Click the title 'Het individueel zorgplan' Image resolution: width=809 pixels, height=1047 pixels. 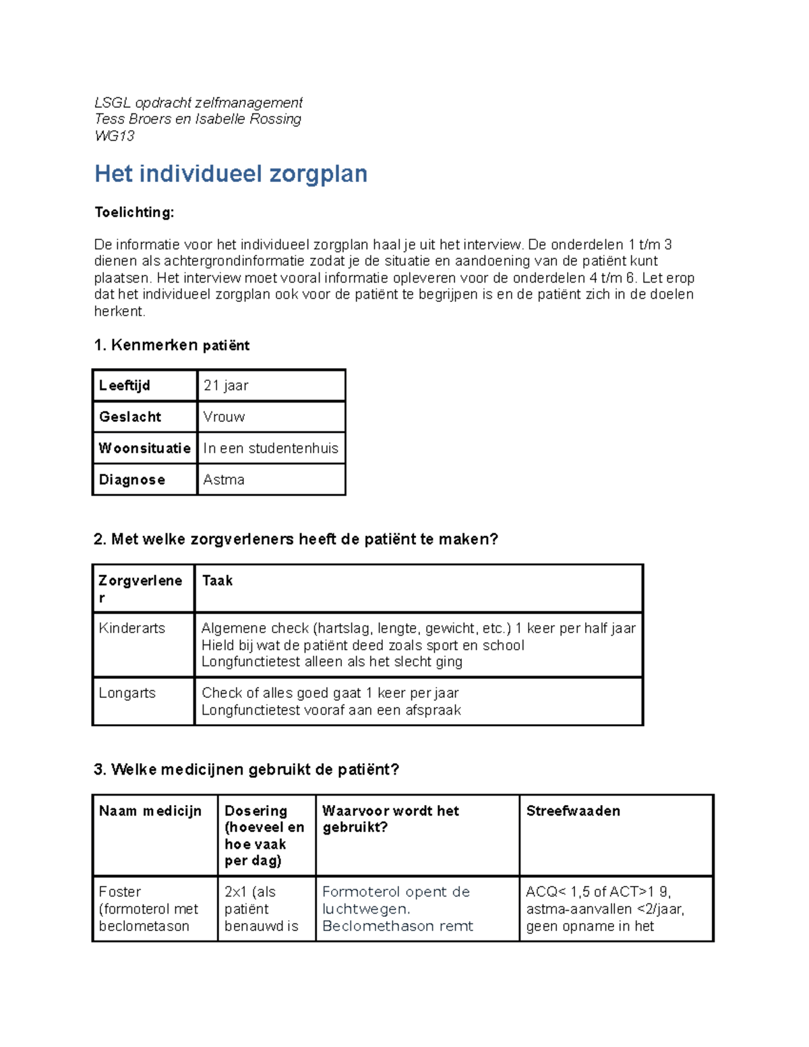(x=231, y=174)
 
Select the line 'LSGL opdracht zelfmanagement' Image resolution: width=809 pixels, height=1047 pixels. (x=198, y=102)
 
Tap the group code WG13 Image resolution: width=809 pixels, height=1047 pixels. (x=115, y=136)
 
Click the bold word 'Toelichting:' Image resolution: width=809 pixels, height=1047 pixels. (x=134, y=212)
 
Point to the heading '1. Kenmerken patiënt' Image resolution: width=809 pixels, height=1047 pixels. (x=171, y=345)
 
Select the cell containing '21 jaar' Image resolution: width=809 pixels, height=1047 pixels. (x=226, y=386)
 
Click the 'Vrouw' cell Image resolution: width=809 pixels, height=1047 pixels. (x=224, y=417)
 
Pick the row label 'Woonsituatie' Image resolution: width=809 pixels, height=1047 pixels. (x=144, y=448)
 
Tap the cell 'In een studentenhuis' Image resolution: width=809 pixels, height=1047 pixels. (x=270, y=448)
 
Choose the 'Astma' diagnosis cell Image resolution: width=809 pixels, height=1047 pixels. (x=224, y=479)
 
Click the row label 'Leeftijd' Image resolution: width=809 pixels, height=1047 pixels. (x=125, y=386)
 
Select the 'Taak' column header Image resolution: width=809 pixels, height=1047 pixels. (x=217, y=580)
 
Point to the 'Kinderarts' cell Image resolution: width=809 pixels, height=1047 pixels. (x=131, y=628)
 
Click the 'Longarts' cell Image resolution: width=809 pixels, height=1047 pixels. (x=127, y=693)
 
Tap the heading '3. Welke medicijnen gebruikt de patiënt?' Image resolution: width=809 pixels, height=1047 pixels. (x=246, y=769)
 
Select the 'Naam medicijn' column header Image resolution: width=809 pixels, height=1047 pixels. (x=150, y=811)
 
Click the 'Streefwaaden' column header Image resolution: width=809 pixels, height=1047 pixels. (x=573, y=811)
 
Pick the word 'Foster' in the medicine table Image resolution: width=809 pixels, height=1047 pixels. (x=120, y=892)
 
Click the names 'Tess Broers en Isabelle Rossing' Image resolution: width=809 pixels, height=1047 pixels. (x=198, y=119)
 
